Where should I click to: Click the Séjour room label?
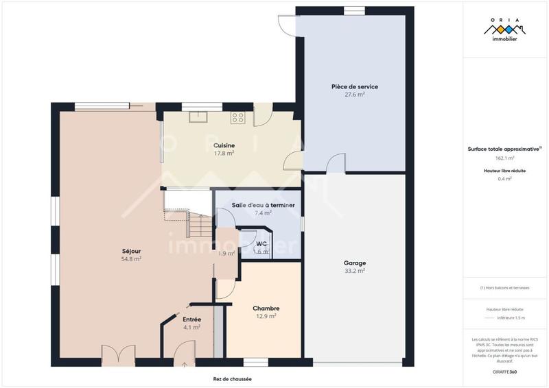(x=131, y=251)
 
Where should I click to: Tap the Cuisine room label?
(x=224, y=145)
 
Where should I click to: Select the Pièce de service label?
(x=355, y=87)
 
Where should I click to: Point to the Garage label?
(x=355, y=263)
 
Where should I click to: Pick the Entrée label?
(x=191, y=319)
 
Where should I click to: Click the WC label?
(x=261, y=243)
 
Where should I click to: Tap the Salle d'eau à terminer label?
(x=263, y=205)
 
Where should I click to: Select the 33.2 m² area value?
(x=355, y=271)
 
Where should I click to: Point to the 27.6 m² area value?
(x=355, y=95)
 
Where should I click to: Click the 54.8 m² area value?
(x=131, y=259)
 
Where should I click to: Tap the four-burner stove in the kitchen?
(x=238, y=117)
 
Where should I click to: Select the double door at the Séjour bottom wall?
(x=115, y=356)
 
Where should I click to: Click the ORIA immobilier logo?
(x=504, y=31)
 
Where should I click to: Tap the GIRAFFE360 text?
(x=504, y=370)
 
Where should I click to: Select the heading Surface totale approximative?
(x=504, y=149)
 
